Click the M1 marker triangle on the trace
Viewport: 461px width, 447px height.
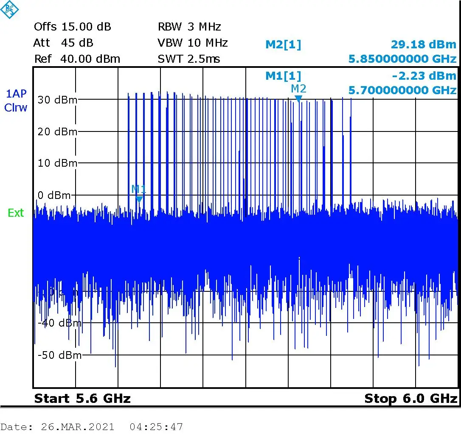click(x=139, y=199)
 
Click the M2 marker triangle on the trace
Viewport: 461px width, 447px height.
click(x=298, y=99)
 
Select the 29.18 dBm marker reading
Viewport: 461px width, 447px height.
click(x=423, y=45)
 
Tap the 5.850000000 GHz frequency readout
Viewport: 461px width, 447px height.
click(x=402, y=59)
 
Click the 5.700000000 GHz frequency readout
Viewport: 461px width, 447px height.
click(x=402, y=90)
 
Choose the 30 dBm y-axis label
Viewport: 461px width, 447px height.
click(x=57, y=100)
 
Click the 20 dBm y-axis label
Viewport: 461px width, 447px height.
click(x=57, y=132)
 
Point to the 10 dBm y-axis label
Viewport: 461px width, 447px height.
click(x=57, y=163)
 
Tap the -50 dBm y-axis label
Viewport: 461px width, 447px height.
click(x=59, y=355)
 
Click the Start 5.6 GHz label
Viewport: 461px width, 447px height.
click(x=82, y=399)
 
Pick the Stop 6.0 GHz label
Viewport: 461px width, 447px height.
click(x=410, y=399)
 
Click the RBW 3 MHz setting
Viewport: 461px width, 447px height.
click(x=189, y=27)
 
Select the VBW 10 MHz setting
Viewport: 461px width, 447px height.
click(x=193, y=43)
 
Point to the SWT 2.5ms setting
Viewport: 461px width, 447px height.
click(x=189, y=59)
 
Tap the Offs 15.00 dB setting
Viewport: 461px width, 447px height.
click(x=72, y=27)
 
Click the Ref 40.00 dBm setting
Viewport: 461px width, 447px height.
click(x=77, y=59)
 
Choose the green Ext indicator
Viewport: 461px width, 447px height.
click(x=16, y=213)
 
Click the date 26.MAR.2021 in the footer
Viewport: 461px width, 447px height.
click(x=78, y=427)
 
